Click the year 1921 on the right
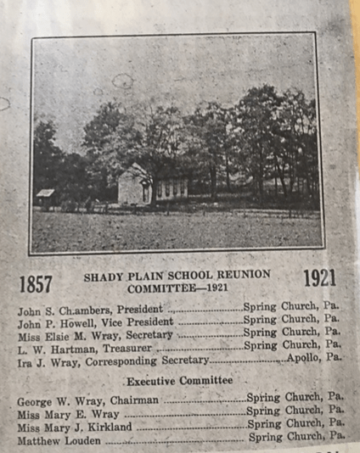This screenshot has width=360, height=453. tap(318, 277)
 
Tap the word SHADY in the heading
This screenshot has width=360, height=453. tap(104, 276)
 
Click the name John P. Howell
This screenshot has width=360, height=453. tap(51, 323)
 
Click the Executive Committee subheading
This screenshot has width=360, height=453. tap(178, 381)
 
